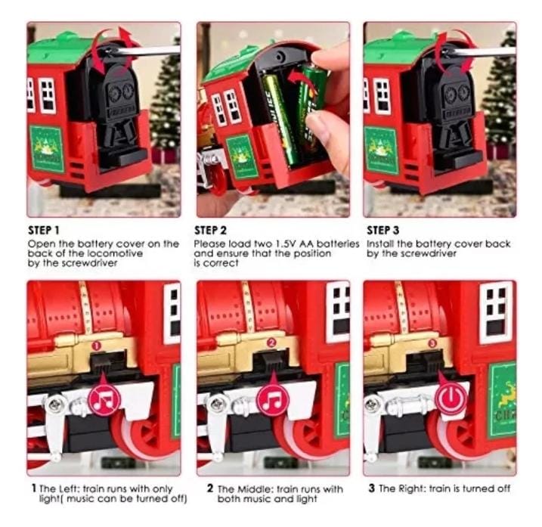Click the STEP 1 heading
click(x=44, y=231)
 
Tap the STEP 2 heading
click(x=210, y=231)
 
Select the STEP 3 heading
click(x=383, y=231)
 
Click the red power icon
click(x=451, y=398)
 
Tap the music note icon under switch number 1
click(x=104, y=401)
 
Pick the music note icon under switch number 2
click(x=273, y=401)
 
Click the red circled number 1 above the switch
click(x=97, y=345)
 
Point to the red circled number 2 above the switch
click(x=271, y=343)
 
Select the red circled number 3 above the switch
click(x=432, y=343)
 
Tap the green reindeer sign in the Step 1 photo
click(x=47, y=149)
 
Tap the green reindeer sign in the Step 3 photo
click(x=382, y=150)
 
